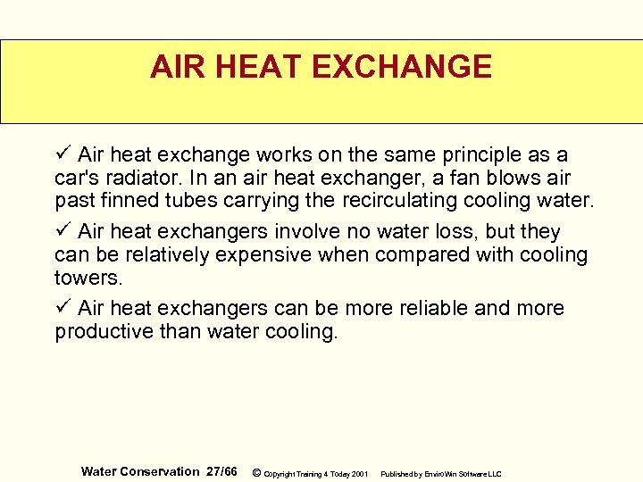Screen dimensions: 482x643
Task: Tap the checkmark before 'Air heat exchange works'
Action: [x=62, y=155]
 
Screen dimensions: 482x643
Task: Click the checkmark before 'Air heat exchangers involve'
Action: [x=62, y=231]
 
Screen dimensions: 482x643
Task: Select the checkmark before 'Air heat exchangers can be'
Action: [x=62, y=308]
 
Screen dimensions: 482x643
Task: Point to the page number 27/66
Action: [x=221, y=471]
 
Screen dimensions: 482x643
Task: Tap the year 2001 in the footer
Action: [x=360, y=473]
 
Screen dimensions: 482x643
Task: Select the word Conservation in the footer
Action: [x=160, y=471]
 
